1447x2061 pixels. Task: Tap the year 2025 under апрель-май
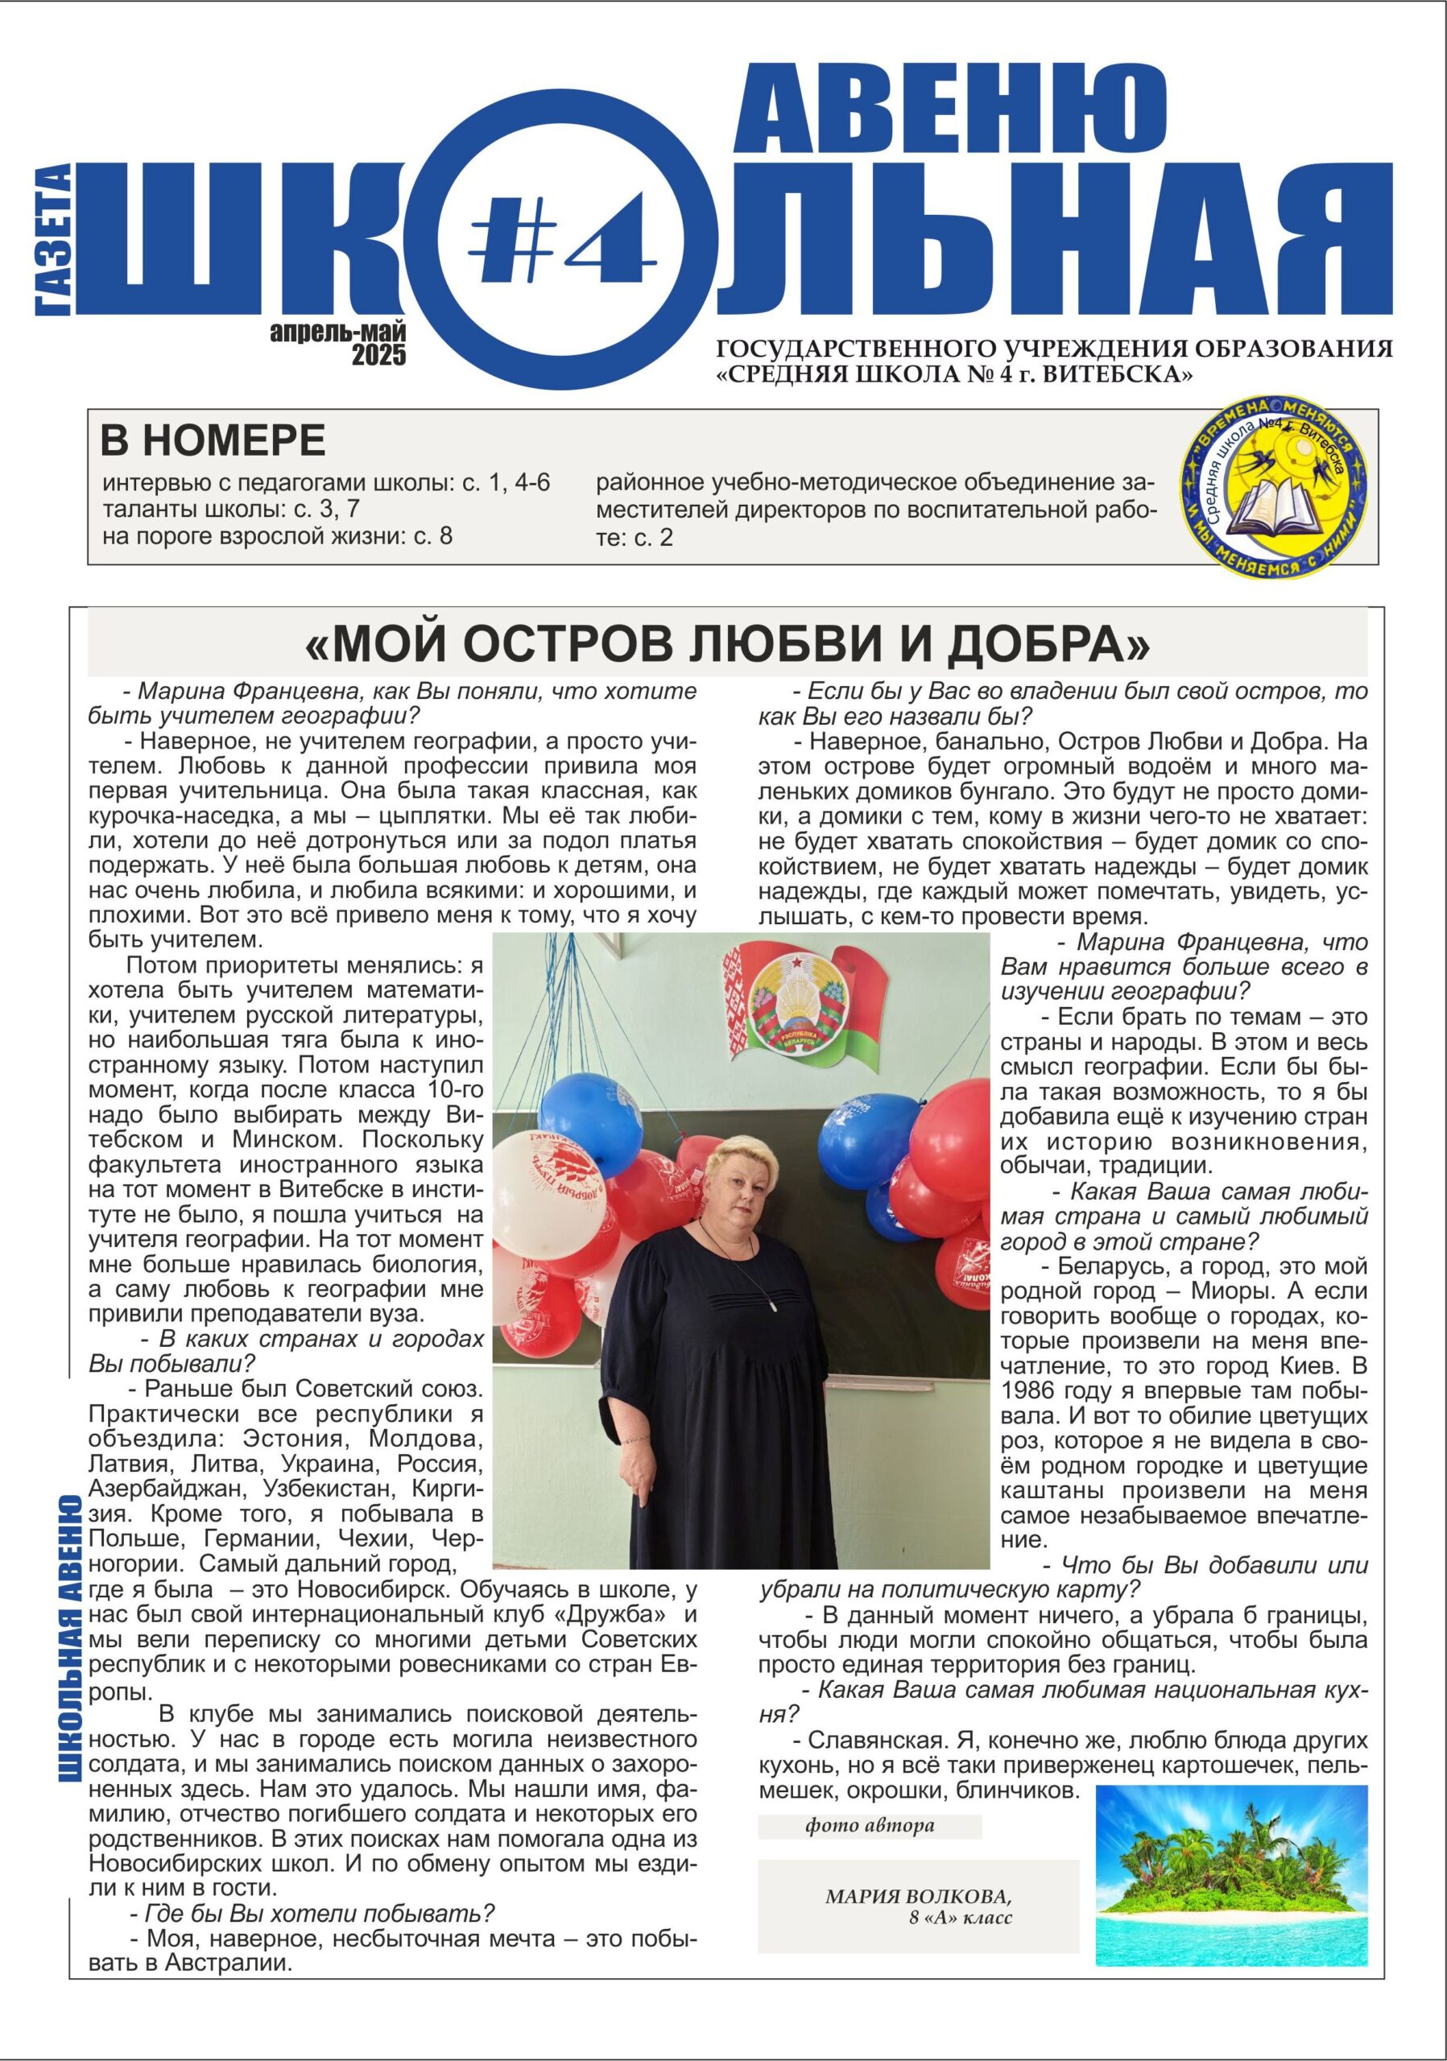378,356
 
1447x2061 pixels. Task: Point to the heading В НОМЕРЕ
212,440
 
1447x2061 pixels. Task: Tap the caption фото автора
869,1825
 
